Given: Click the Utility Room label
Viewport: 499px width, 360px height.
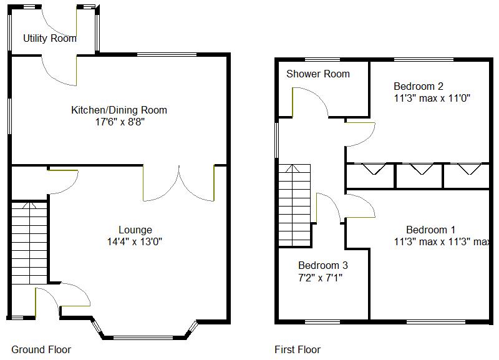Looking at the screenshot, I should tap(50, 39).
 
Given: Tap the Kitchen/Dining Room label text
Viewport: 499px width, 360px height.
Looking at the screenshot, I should tap(119, 110).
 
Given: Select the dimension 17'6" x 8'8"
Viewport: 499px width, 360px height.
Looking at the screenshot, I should tap(119, 122).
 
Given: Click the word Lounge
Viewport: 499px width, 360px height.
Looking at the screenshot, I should tap(135, 230).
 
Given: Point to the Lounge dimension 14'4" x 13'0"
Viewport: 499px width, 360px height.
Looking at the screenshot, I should tap(135, 241).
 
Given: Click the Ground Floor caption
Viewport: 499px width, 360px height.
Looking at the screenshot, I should tap(41, 349).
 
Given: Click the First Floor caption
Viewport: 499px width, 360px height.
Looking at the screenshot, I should tap(298, 349).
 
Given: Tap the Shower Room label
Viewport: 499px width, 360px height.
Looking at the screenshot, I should tap(318, 74).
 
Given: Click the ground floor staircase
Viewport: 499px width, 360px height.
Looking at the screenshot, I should tap(29, 243).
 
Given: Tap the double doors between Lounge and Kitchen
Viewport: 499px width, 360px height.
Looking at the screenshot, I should tap(179, 184).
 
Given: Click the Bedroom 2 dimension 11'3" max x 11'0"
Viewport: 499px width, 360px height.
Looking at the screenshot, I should tap(431, 98).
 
